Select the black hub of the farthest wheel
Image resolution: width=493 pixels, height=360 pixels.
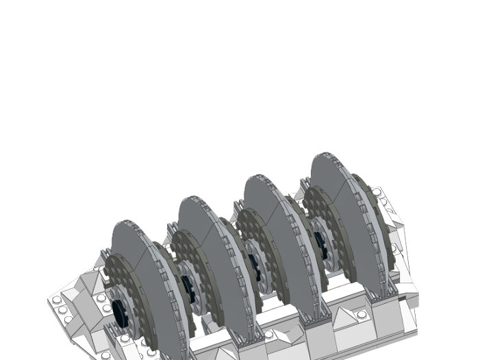click(319, 243)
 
